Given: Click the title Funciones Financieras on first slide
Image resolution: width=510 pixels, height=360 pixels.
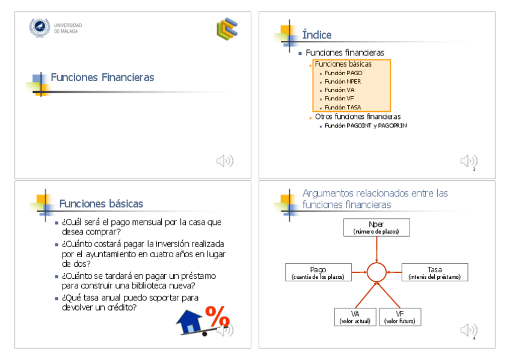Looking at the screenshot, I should (102, 78).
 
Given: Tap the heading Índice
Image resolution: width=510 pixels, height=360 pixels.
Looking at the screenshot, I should (317, 35).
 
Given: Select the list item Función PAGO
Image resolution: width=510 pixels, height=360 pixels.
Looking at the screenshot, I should (343, 73).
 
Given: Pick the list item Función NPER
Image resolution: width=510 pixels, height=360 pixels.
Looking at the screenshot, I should (343, 81).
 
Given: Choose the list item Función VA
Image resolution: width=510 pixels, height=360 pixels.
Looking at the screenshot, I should (339, 90).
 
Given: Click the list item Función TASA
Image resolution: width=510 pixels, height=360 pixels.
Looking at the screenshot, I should (343, 107).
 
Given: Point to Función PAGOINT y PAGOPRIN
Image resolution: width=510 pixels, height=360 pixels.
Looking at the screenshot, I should (366, 126).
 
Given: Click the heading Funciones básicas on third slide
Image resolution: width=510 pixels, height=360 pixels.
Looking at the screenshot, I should (101, 204).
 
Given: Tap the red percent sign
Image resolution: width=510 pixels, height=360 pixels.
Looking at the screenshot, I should (217, 316).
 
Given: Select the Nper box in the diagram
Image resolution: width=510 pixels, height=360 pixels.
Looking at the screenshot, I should (376, 227).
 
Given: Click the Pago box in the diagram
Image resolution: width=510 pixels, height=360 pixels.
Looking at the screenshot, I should (318, 272).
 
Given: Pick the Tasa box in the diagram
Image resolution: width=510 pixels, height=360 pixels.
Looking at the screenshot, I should (434, 272).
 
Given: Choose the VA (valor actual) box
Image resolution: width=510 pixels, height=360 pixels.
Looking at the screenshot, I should (355, 317).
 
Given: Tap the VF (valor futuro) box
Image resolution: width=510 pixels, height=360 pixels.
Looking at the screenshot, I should (400, 317).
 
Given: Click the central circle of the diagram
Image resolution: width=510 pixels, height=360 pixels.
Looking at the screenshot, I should (376, 272).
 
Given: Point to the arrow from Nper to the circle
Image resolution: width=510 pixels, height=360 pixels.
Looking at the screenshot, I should (376, 249).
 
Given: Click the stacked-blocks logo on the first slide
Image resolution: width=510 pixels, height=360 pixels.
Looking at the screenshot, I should (227, 28).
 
